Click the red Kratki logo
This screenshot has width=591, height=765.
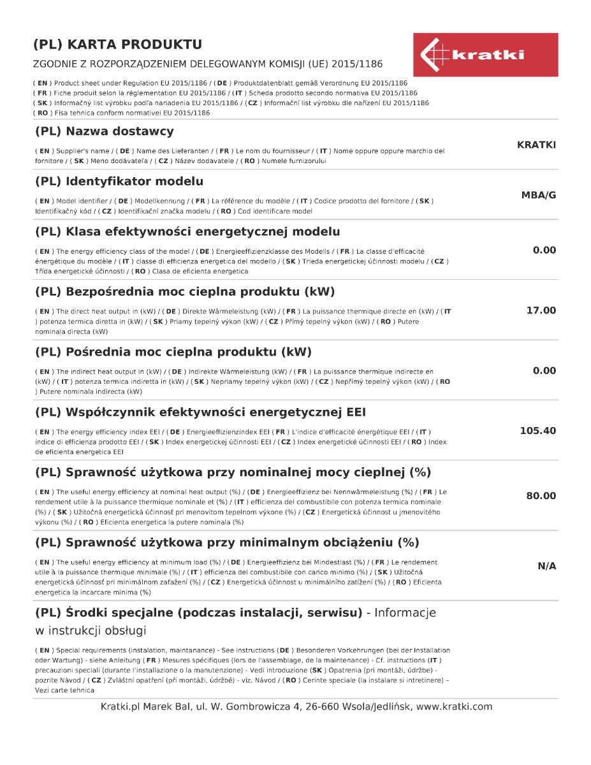point(485,55)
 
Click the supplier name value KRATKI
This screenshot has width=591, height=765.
point(536,145)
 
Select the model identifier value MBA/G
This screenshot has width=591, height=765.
point(538,195)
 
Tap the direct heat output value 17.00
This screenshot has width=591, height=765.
point(541,310)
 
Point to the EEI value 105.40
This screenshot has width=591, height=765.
point(537,431)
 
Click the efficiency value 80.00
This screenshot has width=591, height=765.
point(541,496)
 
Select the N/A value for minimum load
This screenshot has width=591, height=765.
point(546,566)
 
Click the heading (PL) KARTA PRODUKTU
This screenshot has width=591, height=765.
point(117,45)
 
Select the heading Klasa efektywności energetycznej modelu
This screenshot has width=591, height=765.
point(187,231)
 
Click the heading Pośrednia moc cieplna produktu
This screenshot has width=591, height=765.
point(173,352)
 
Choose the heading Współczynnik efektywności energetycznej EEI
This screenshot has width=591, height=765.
point(200,412)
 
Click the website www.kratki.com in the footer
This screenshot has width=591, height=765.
point(454,706)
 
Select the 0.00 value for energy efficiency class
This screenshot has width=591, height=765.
point(544,250)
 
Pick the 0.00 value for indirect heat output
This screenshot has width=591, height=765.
point(544,370)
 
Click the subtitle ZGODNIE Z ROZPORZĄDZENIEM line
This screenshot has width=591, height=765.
point(208,64)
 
